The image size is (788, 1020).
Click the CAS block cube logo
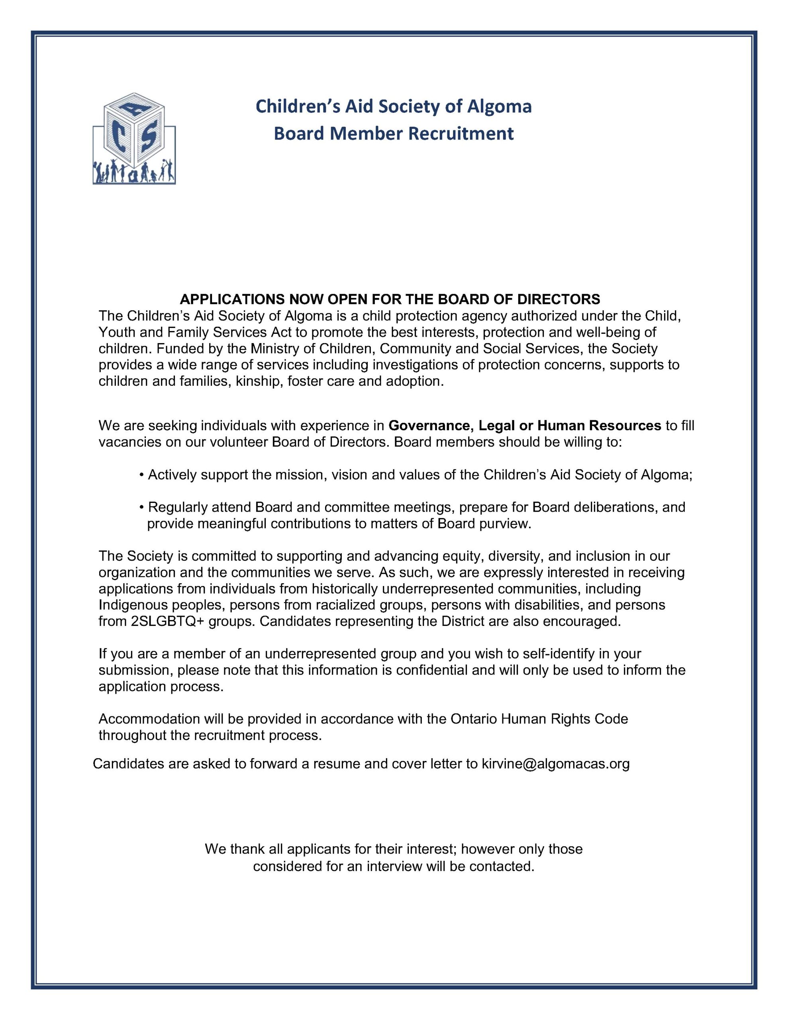tap(134, 138)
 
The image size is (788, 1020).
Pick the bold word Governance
tap(429, 426)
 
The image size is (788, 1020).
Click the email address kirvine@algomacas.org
tap(555, 763)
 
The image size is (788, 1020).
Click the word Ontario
tap(474, 719)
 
